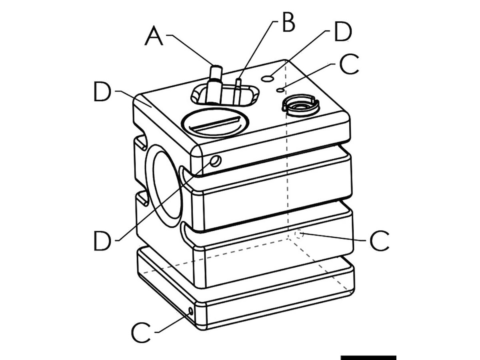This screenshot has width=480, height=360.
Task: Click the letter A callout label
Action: pos(154,37)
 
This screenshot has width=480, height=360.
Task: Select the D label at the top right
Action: pos(343,32)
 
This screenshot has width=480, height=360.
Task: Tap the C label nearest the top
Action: pos(349,65)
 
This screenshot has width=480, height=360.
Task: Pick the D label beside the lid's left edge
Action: pos(102,92)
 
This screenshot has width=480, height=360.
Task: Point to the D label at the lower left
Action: pos(102,241)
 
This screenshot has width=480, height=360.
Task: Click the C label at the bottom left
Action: pos(141,333)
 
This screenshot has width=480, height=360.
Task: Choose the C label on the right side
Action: pos(379,241)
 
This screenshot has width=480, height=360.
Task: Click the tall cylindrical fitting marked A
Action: pos(215,84)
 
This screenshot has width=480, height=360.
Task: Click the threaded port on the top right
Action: pos(300,105)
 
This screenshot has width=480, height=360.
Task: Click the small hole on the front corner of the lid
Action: pos(216,161)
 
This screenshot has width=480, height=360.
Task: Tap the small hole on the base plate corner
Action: pos(190,311)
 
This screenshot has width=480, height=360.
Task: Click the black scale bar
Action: pos(368,357)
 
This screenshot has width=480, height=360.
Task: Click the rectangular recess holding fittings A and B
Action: pos(225,95)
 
